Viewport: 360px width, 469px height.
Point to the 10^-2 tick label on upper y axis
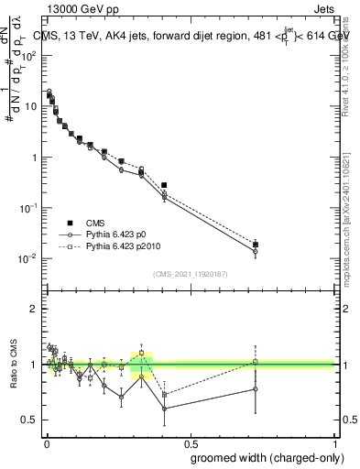[x=28, y=258]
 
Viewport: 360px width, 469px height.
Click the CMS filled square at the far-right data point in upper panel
[x=256, y=245]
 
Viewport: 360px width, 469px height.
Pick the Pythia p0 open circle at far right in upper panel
[x=256, y=252]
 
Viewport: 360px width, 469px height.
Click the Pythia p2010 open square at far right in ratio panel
[x=256, y=362]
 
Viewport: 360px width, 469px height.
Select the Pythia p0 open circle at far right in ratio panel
[x=256, y=388]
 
